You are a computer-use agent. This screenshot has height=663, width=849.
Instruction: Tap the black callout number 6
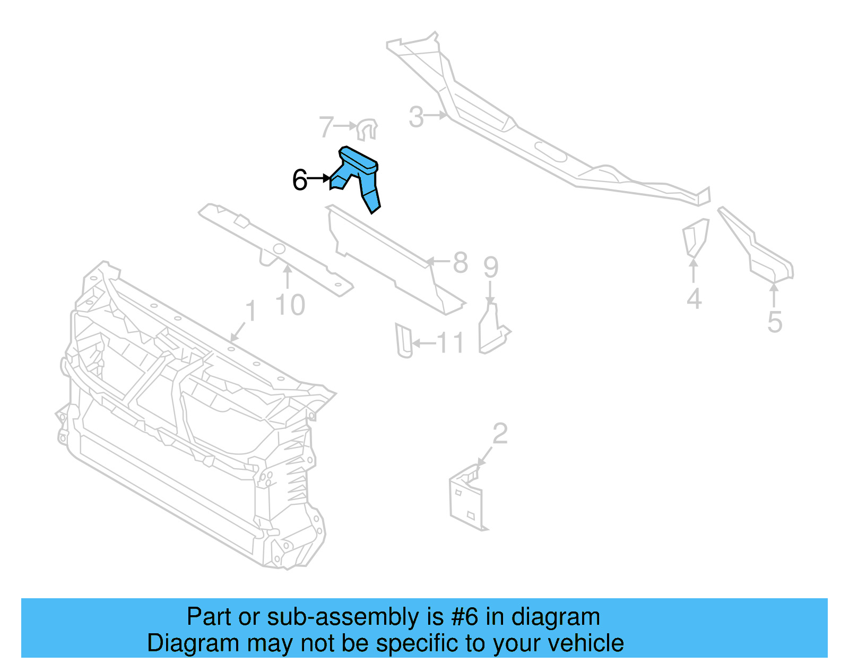(300, 180)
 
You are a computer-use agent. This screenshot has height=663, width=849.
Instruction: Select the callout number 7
(326, 128)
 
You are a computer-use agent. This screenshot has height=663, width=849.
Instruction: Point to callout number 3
(417, 117)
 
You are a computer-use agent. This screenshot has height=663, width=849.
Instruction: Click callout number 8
(460, 263)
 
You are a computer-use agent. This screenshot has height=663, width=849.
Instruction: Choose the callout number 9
(491, 267)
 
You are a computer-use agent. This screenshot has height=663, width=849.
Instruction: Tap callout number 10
(290, 305)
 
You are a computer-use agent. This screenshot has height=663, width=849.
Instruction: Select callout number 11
(451, 343)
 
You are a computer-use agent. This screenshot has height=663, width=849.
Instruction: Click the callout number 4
(694, 299)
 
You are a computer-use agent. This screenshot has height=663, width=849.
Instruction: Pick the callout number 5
(775, 322)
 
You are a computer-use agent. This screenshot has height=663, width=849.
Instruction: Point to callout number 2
(500, 434)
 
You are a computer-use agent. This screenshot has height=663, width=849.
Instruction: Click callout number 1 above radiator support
(251, 312)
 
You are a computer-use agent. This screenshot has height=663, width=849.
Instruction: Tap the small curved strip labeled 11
(404, 340)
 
